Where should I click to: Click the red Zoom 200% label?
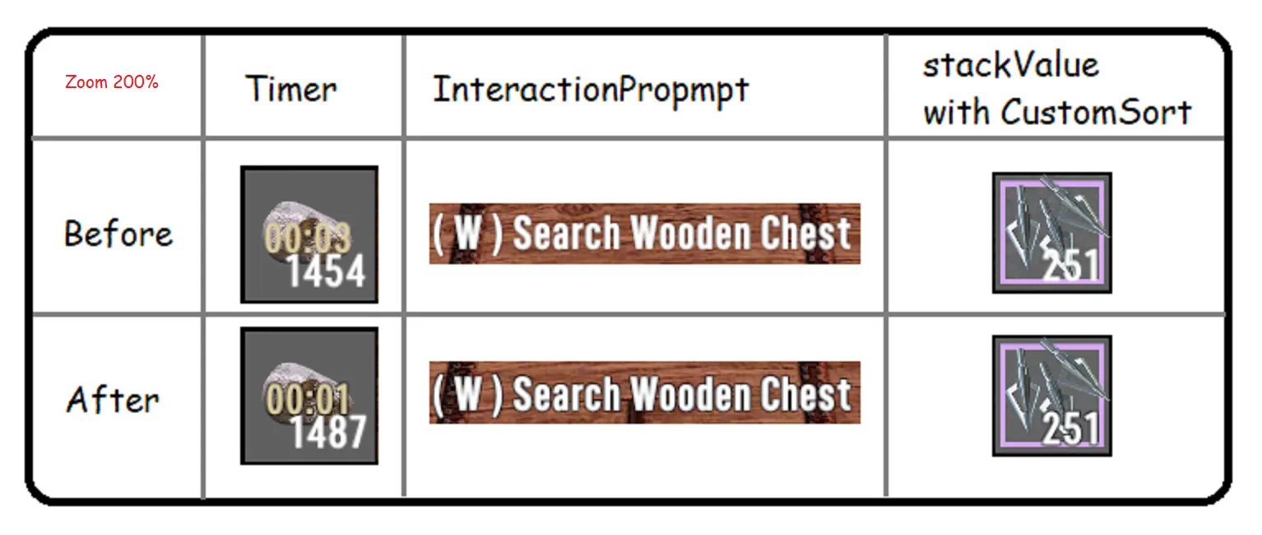coord(112,82)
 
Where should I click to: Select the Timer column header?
coord(290,89)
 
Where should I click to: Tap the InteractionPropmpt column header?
coord(591,91)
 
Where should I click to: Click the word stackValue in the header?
coord(1011,65)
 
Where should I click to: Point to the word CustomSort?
coord(1096,111)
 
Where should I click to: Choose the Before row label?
coord(118,234)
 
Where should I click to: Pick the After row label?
coord(113,399)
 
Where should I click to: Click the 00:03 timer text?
coord(308,237)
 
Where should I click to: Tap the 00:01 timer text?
coord(308,398)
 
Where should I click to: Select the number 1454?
coord(327,271)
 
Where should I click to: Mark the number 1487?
coord(328,432)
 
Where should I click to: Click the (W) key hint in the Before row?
coord(467,234)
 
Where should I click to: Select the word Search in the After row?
coord(566,393)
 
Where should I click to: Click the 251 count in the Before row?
coord(1070,264)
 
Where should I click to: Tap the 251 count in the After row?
coord(1070,428)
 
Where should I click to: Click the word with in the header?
coord(956,111)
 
